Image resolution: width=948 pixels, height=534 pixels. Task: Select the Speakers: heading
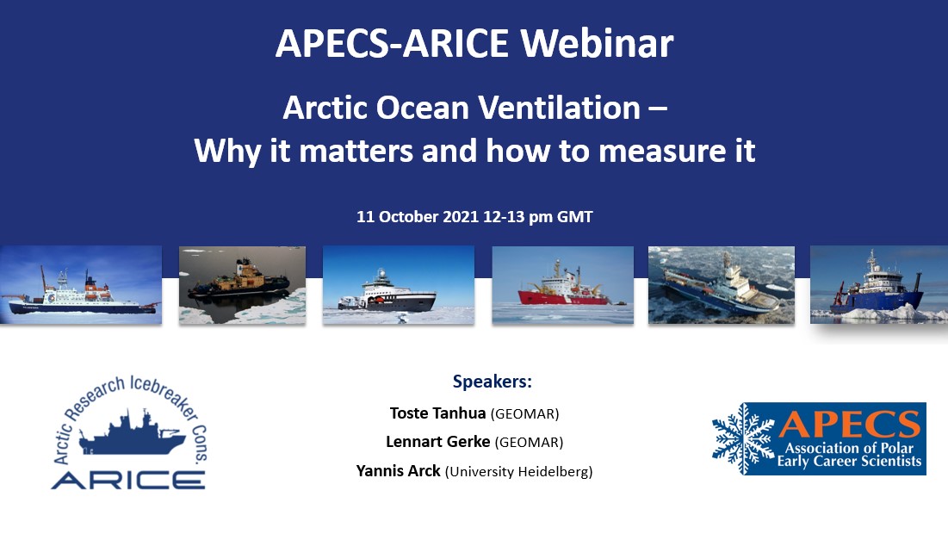coord(492,382)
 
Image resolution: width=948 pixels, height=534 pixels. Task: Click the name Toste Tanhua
coord(437,413)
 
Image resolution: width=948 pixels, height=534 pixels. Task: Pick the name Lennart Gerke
coord(436,443)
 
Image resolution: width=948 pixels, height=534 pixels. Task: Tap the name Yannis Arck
coord(398,472)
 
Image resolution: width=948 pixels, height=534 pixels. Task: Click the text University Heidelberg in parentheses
coord(519,472)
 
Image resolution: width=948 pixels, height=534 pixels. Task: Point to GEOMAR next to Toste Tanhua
coord(524,413)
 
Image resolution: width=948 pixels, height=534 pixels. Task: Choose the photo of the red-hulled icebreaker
coord(562,285)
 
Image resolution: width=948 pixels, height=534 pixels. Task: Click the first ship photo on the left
coord(81,285)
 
